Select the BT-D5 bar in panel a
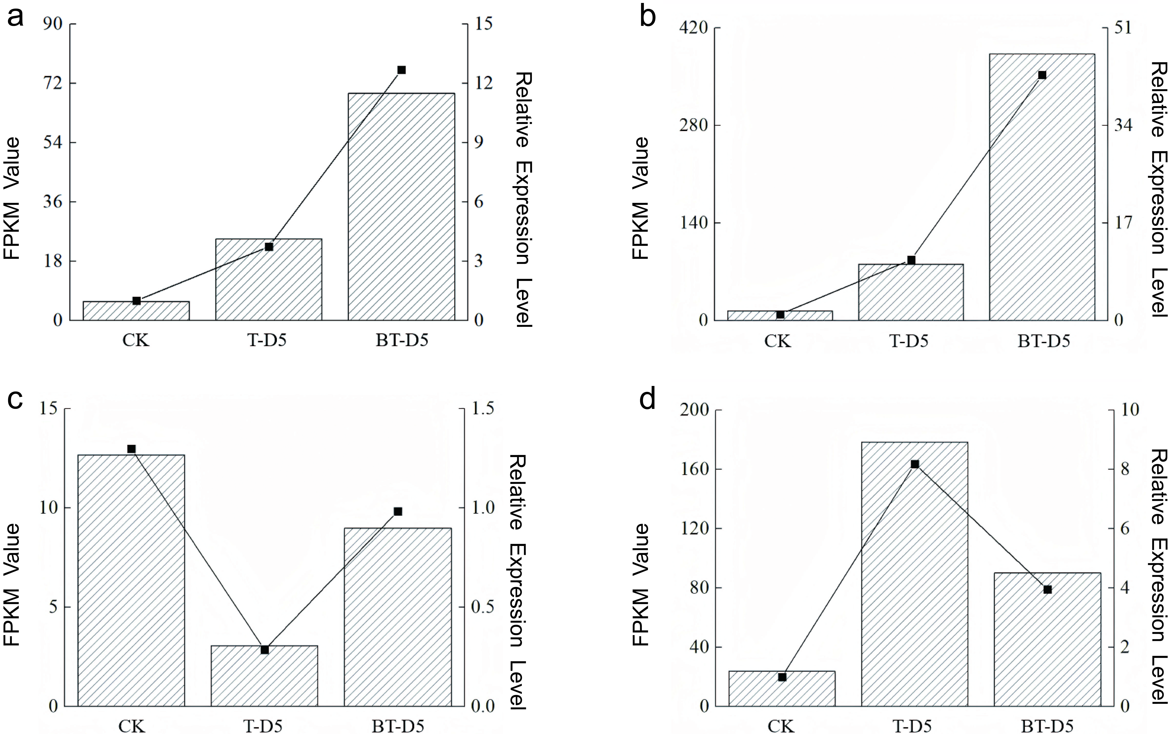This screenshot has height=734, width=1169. click(402, 207)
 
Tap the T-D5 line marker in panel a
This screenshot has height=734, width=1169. click(269, 247)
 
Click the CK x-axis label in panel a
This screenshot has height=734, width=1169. click(136, 340)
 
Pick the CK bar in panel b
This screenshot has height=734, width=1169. click(780, 316)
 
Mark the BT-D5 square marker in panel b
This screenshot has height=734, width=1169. click(1042, 75)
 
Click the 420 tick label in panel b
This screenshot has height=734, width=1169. click(693, 28)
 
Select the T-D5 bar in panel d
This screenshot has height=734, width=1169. click(915, 574)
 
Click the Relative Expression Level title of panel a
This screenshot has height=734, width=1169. click(523, 200)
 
